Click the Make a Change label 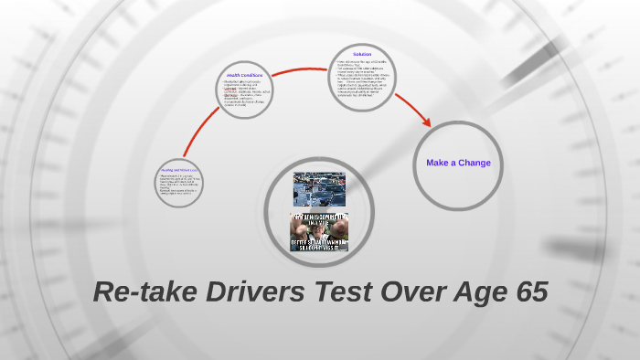coord(458,163)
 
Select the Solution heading coord(362,54)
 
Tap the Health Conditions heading coord(244,75)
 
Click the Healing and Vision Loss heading coord(179,170)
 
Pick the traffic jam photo coord(319,189)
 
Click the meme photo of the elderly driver coord(319,232)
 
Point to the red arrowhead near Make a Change coord(427,122)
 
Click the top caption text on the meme coord(319,218)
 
